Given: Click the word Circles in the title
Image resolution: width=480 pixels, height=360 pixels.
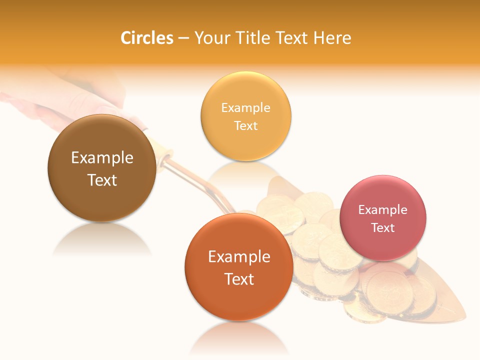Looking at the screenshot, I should pyautogui.click(x=147, y=38).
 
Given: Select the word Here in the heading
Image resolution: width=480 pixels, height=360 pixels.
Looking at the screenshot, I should pyautogui.click(x=332, y=38).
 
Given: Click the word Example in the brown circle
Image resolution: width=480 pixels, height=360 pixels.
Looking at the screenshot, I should pyautogui.click(x=102, y=158).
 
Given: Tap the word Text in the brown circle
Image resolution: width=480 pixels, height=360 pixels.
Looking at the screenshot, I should pyautogui.click(x=102, y=180).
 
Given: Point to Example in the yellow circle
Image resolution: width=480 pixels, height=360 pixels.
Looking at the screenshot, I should pyautogui.click(x=245, y=108).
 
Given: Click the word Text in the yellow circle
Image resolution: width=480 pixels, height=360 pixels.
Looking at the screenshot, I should pyautogui.click(x=245, y=125).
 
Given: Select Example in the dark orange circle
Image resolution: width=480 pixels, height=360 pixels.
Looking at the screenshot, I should pyautogui.click(x=239, y=257).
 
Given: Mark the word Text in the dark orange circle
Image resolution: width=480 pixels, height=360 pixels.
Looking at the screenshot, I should pyautogui.click(x=239, y=279).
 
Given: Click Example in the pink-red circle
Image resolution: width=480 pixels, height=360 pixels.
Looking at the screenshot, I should pyautogui.click(x=383, y=210).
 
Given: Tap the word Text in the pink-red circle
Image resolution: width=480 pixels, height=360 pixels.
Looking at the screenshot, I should pyautogui.click(x=383, y=227).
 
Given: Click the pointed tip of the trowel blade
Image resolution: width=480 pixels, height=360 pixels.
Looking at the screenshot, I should pyautogui.click(x=465, y=318).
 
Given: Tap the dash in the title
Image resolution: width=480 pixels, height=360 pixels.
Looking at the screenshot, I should pyautogui.click(x=184, y=38).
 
